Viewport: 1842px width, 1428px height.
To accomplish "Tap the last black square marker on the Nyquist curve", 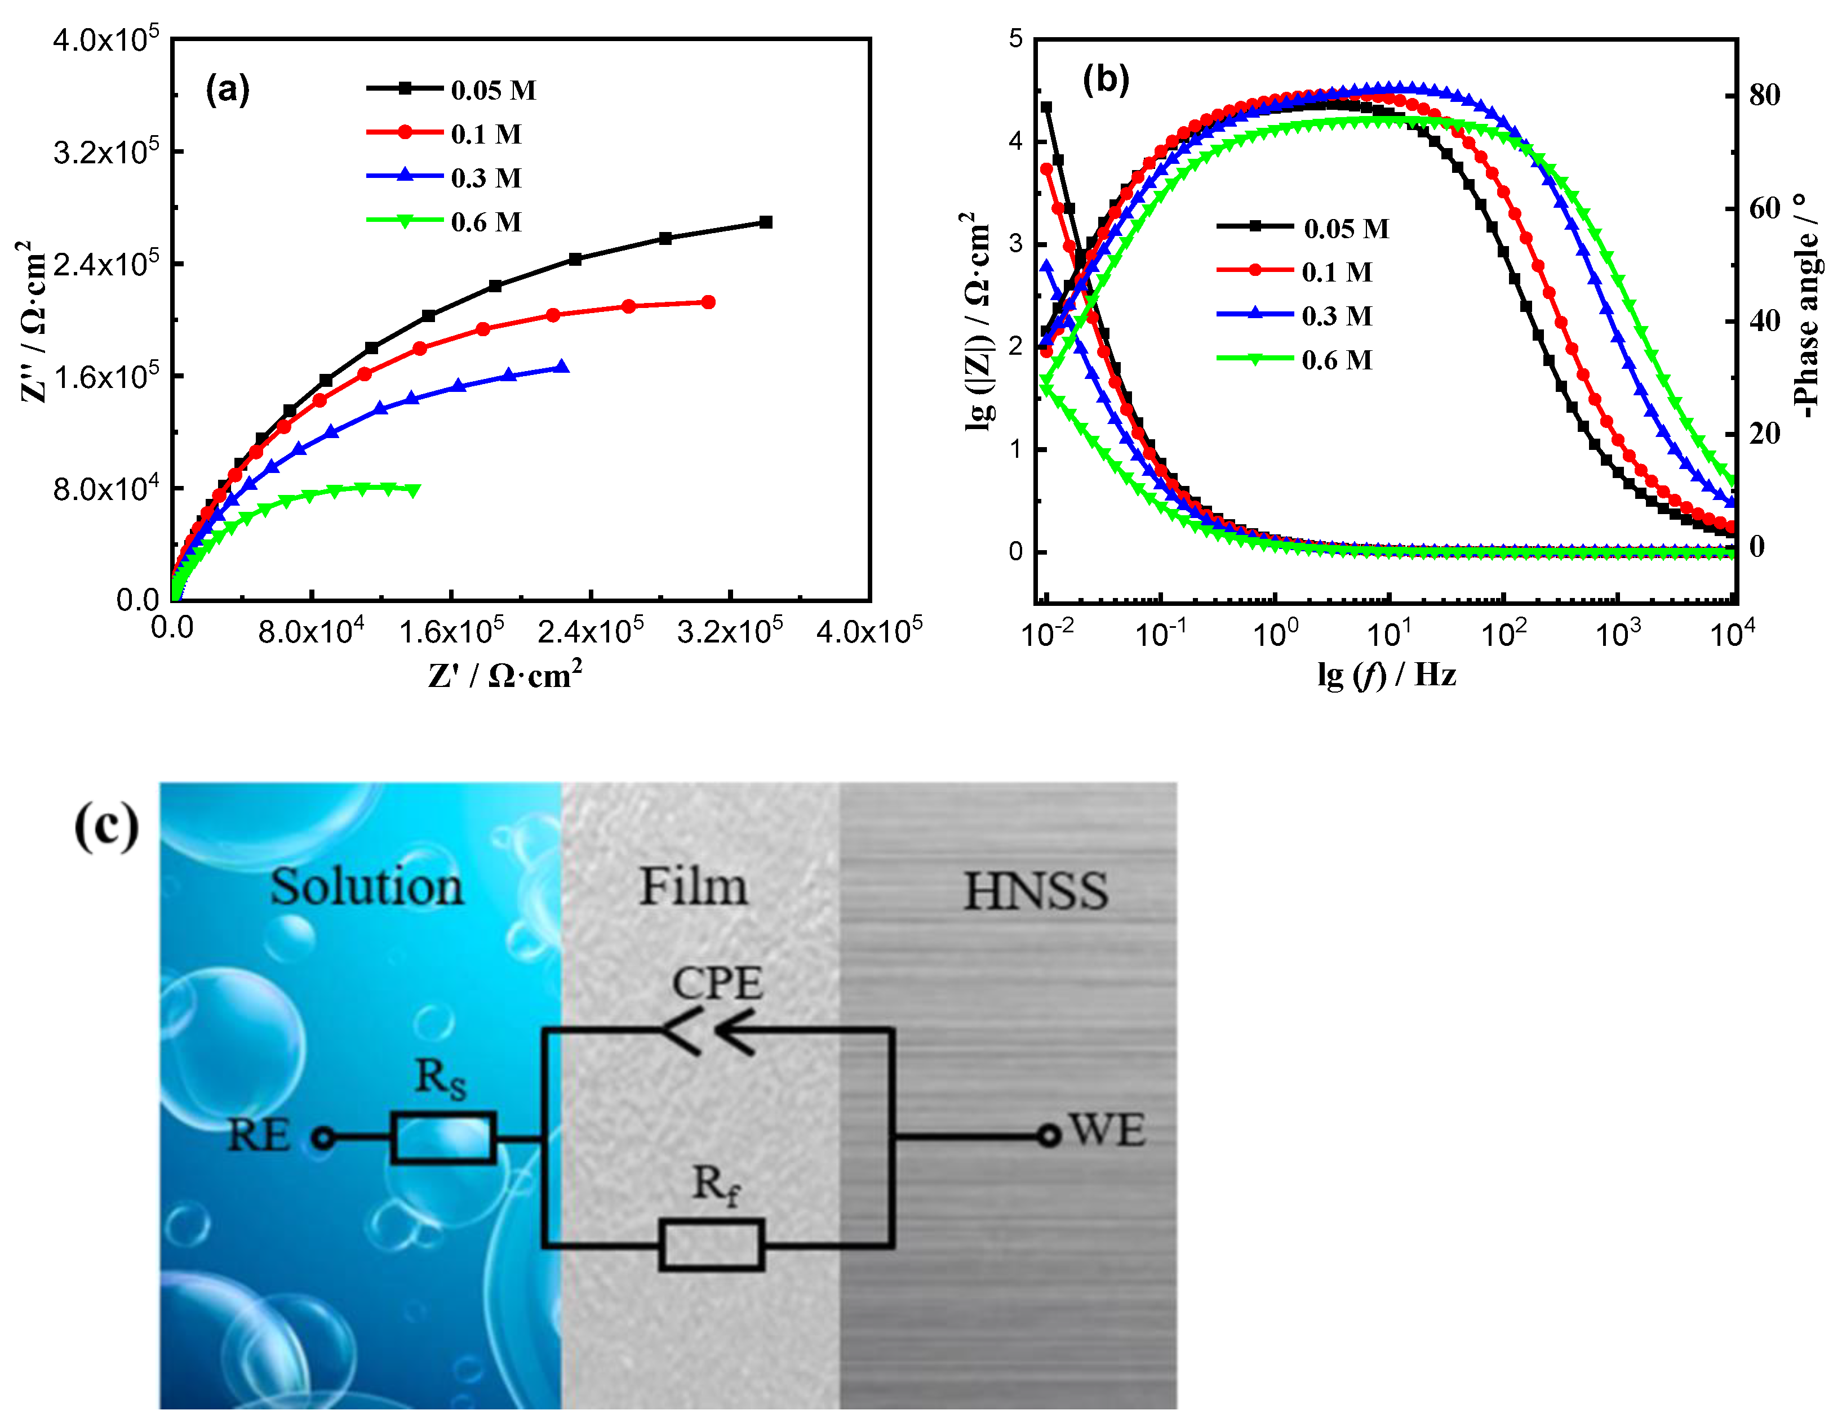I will click(x=766, y=222).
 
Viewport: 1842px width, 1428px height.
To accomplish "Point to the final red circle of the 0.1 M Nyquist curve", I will click(x=708, y=302).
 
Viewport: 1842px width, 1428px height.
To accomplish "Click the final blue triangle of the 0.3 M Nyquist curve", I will click(x=562, y=367).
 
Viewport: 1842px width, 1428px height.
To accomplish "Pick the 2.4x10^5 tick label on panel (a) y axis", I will click(x=105, y=265).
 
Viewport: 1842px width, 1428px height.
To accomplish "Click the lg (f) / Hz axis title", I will click(x=1387, y=675).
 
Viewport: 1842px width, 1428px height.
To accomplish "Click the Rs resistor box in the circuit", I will click(x=443, y=1138).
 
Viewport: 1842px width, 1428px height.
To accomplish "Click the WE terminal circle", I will click(x=1049, y=1136).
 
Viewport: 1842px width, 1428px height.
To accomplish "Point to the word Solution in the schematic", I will click(x=367, y=887).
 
